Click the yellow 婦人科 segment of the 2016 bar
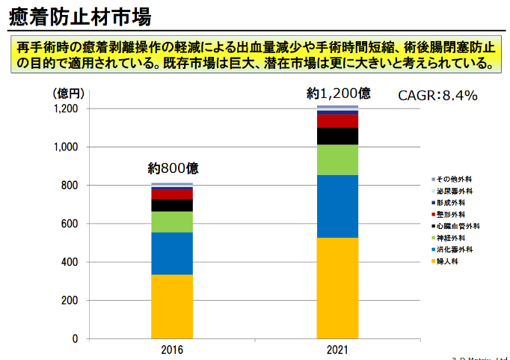point(172,307)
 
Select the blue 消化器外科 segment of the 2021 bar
point(337,206)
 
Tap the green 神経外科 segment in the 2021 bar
point(337,159)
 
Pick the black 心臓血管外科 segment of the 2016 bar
point(172,205)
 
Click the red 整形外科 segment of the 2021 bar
point(337,121)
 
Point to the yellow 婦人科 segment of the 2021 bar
point(337,288)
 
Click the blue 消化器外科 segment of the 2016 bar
point(172,254)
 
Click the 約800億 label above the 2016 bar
point(173,168)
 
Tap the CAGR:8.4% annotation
point(437,96)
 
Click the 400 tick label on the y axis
point(70,263)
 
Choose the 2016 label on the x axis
point(172,350)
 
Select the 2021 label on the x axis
point(337,350)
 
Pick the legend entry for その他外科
point(454,180)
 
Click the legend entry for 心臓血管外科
point(458,226)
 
